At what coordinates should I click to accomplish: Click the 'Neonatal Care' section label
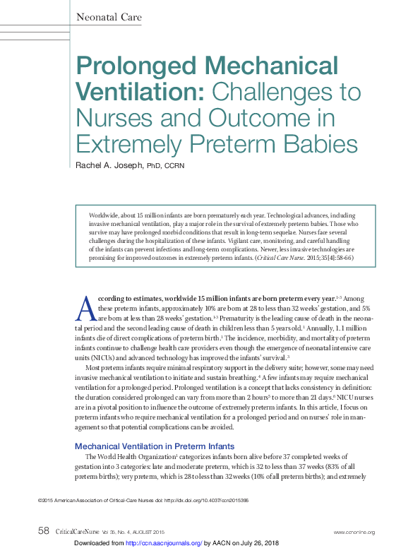click(108, 17)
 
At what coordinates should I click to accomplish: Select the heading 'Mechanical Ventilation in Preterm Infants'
click(155, 446)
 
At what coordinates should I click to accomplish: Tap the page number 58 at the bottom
click(43, 531)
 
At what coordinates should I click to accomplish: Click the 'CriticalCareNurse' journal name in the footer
click(80, 532)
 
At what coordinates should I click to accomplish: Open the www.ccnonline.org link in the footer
click(354, 532)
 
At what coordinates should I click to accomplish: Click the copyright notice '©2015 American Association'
click(78, 501)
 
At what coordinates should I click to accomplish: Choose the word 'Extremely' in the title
click(133, 144)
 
